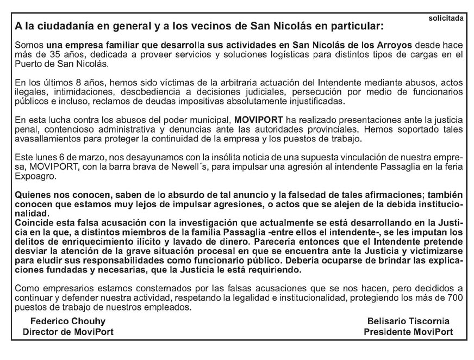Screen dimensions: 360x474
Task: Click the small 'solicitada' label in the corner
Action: click(x=446, y=18)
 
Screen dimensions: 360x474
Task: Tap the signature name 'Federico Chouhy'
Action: click(x=68, y=321)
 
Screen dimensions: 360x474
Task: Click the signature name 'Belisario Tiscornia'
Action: click(x=408, y=321)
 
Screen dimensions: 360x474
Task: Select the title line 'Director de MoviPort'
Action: click(x=68, y=332)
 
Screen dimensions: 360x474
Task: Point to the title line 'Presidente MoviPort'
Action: click(x=408, y=332)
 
